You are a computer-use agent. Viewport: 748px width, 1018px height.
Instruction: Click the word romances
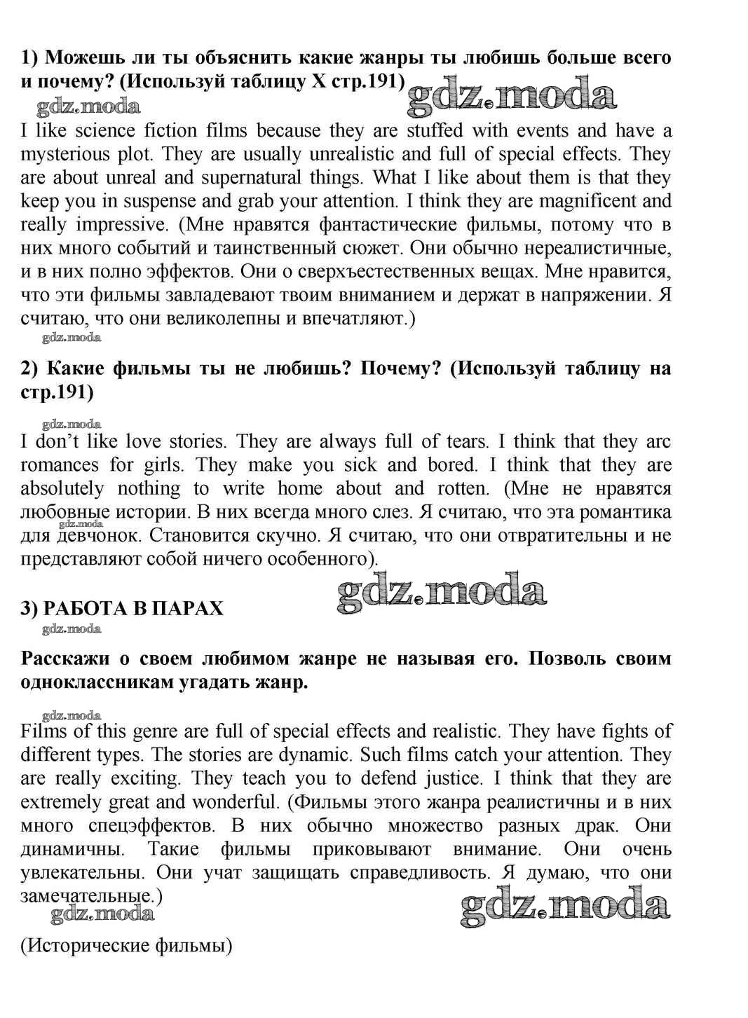pos(60,465)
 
